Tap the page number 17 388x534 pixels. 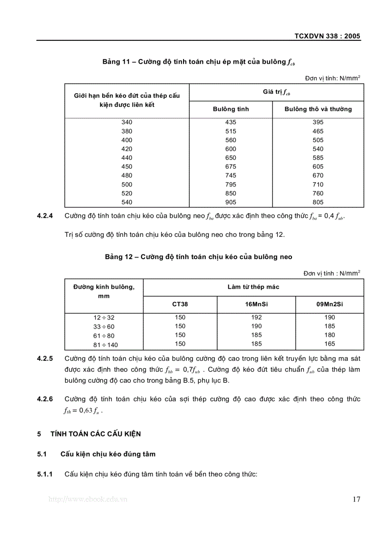point(356,499)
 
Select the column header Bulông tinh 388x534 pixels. point(231,109)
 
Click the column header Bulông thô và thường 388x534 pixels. point(318,109)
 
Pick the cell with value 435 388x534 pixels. point(231,122)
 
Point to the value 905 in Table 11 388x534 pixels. point(231,202)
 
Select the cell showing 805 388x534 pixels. point(318,202)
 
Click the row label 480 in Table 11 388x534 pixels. point(127,175)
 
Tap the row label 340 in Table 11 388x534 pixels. point(127,122)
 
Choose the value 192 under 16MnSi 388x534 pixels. point(256,317)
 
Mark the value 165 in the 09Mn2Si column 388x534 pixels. point(330,344)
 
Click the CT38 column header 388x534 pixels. point(180,304)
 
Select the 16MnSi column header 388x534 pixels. point(256,304)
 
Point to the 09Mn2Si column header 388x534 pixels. point(330,304)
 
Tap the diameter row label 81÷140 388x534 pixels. point(104,344)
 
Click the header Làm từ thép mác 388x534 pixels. point(253,287)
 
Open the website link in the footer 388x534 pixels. point(88,499)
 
